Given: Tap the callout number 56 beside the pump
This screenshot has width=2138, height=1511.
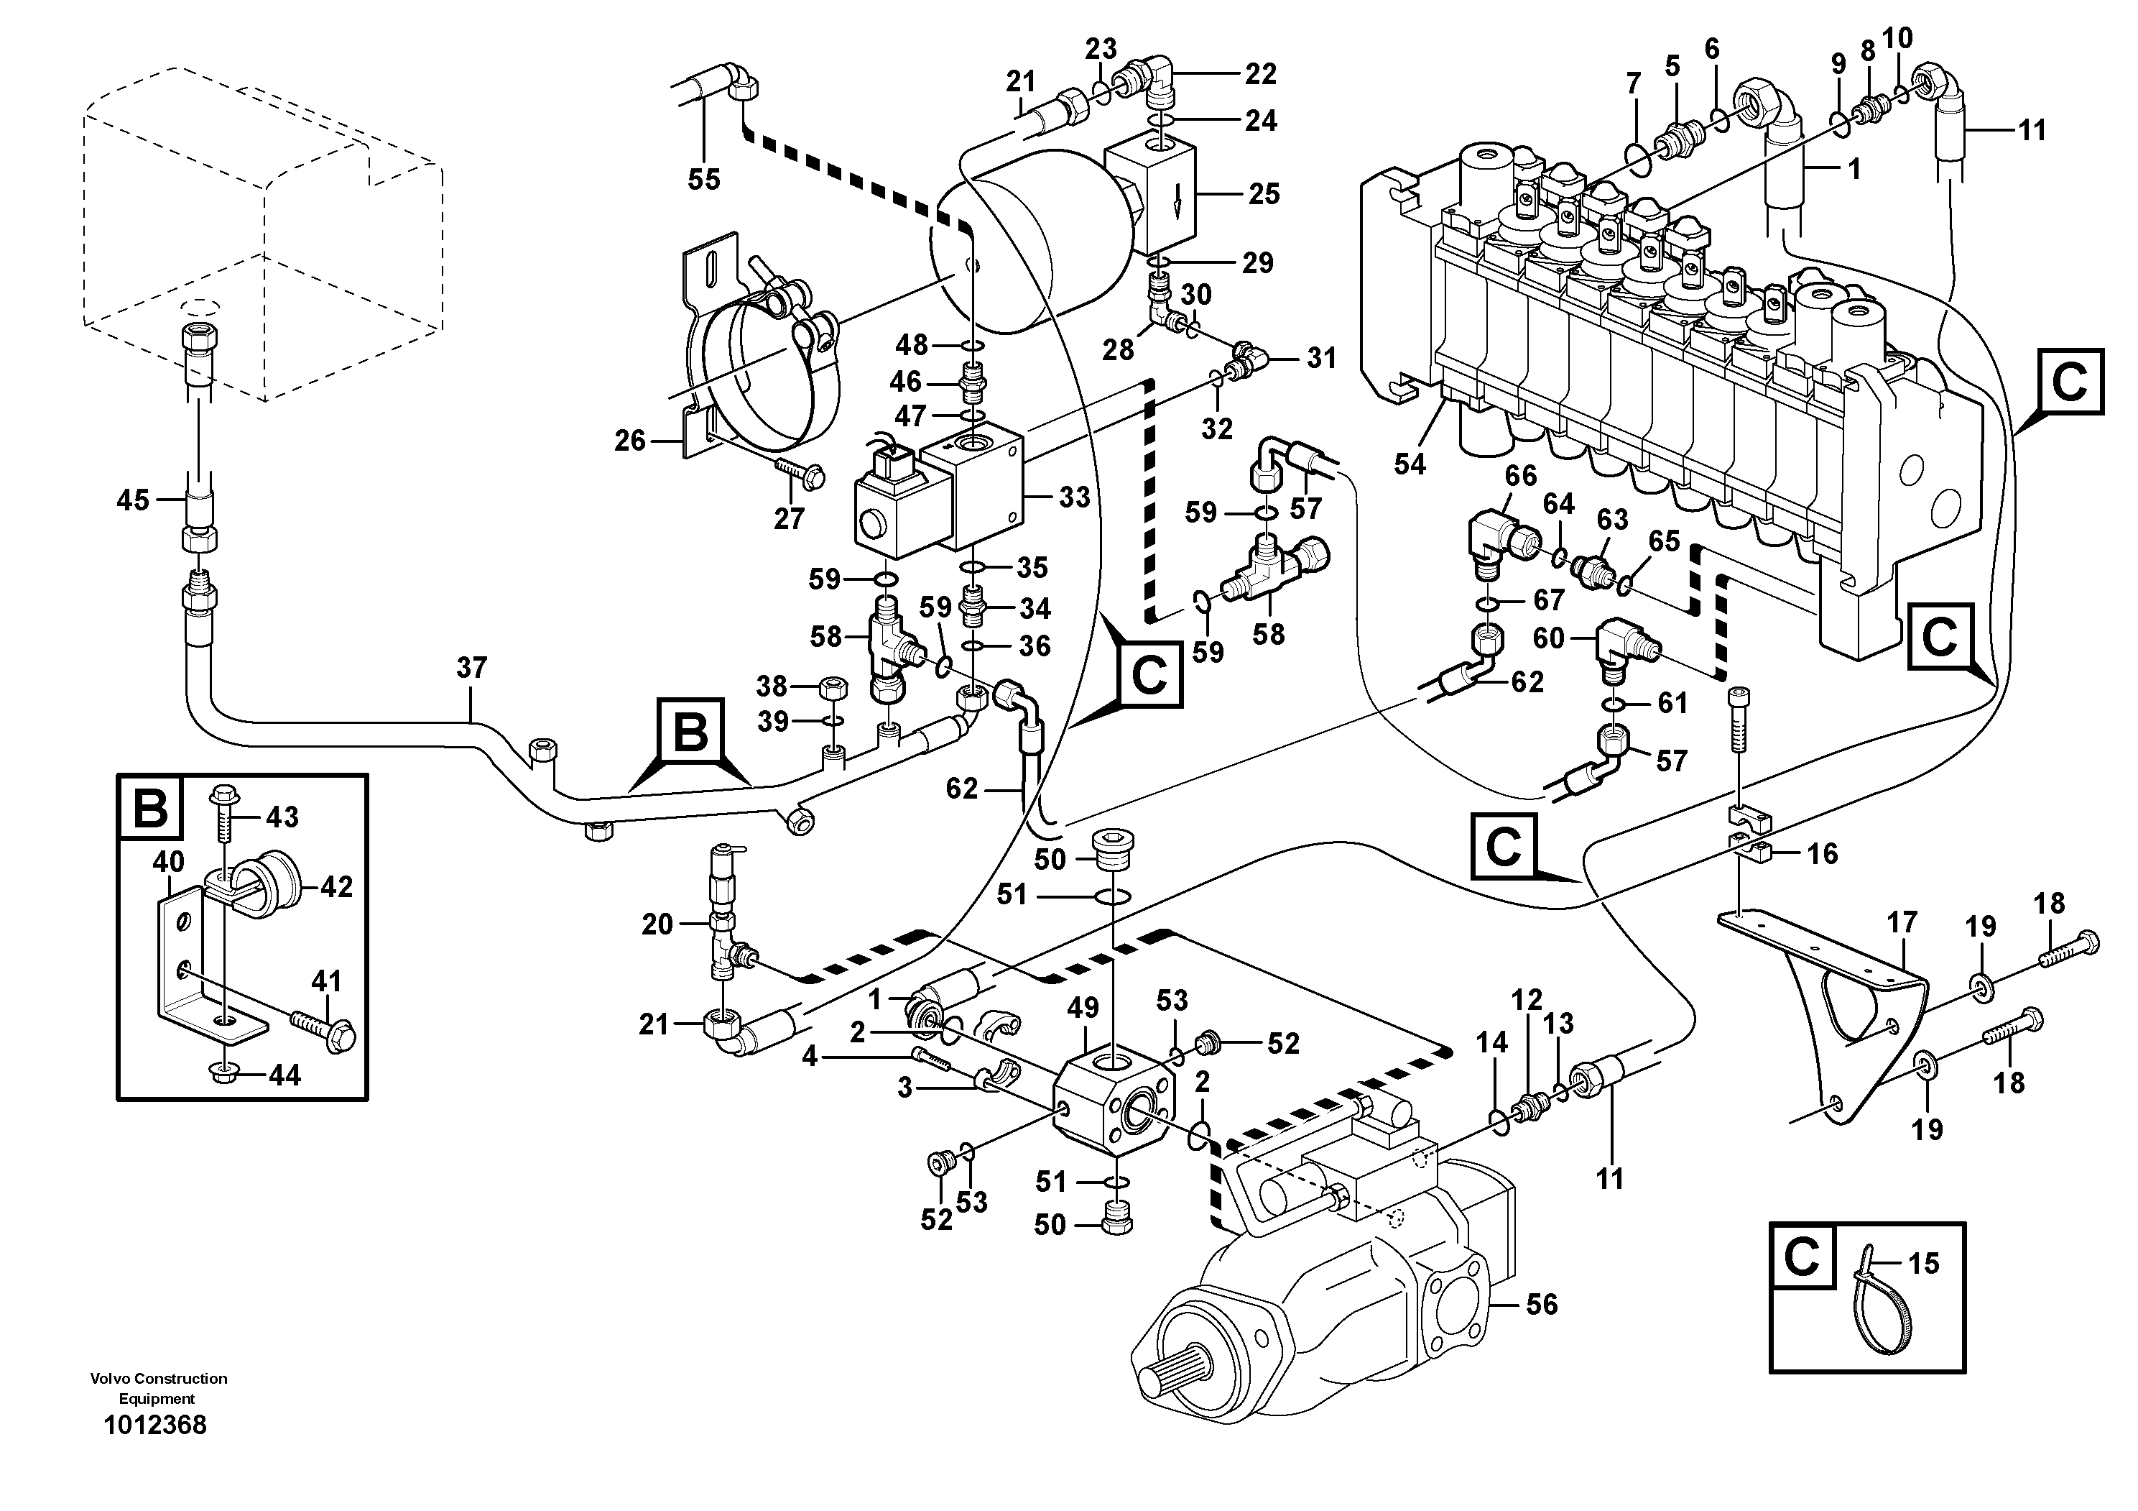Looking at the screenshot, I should [x=1541, y=1304].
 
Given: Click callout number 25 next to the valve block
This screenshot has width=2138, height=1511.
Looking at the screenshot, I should [x=1264, y=194].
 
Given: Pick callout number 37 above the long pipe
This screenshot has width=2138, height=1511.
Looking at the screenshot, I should [x=471, y=668].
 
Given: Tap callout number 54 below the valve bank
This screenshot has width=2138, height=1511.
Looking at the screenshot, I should [x=1409, y=464].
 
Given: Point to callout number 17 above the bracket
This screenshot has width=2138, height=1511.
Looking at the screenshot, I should [x=1902, y=922].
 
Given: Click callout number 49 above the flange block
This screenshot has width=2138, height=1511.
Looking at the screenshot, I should [x=1083, y=1008].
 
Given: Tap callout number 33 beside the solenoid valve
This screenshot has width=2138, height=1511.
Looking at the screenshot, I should [x=1073, y=497].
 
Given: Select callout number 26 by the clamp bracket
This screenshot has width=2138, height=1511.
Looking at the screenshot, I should [x=629, y=441].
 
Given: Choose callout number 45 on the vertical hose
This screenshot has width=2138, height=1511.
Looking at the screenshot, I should [x=132, y=500].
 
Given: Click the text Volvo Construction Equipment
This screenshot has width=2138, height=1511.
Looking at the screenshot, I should [x=158, y=1388].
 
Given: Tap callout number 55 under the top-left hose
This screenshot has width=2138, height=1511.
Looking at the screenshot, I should [x=704, y=179].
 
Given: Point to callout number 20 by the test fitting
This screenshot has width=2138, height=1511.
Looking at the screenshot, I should [x=657, y=924].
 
